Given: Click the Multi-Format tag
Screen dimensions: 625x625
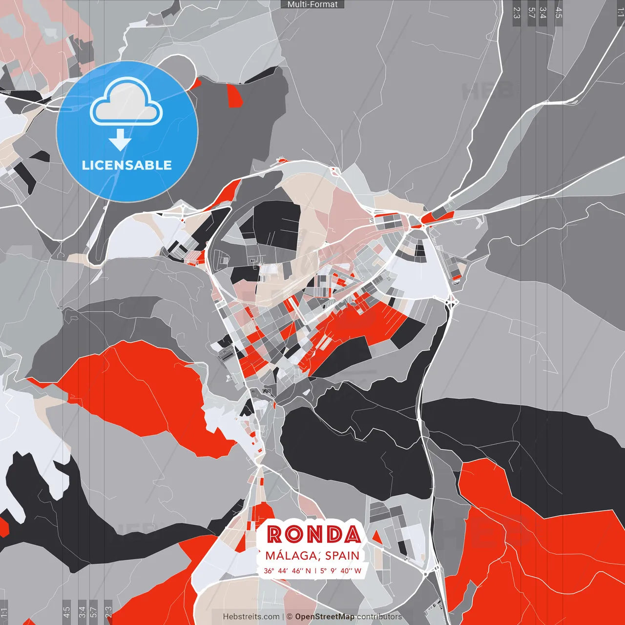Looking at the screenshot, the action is point(312,4).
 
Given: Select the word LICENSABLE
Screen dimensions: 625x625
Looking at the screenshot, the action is point(127,165).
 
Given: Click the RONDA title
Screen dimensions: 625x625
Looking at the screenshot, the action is point(314,535).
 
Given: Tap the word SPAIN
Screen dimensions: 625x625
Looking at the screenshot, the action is point(342,556).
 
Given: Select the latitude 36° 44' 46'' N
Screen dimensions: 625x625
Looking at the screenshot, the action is point(287,570).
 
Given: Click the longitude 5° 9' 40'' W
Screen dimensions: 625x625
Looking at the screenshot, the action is point(341,570).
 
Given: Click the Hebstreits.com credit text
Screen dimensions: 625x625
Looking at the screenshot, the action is point(251,617).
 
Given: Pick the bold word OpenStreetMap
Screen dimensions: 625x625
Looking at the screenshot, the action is point(325,617).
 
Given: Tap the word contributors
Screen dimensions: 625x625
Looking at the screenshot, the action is point(379,617).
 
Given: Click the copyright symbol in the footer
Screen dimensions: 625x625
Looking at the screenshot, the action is point(290,617).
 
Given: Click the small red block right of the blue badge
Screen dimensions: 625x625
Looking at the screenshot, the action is point(234,96).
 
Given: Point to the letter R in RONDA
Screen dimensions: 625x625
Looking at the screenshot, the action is point(275,535).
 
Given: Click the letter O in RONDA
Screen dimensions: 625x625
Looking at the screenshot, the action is point(293,535).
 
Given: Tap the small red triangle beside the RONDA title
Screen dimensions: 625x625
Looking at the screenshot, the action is point(376,537).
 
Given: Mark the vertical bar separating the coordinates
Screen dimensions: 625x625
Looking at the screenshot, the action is point(315,570).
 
